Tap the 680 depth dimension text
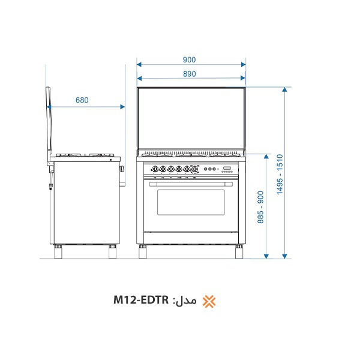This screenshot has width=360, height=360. point(82,100)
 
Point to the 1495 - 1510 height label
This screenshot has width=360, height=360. point(280,174)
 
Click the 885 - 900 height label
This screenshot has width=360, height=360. point(260,207)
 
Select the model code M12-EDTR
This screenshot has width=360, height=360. point(141,301)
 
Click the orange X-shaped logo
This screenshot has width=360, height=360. point(208,301)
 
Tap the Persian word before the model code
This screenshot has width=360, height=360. point(185,301)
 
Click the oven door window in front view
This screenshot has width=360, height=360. point(191,202)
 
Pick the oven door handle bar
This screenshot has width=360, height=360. point(191,181)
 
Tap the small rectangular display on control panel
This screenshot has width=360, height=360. point(227,167)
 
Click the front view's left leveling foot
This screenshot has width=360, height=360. point(143,252)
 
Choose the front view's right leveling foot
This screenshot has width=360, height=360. point(238,252)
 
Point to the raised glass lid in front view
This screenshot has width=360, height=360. point(191,118)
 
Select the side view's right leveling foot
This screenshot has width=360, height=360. point(112,252)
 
